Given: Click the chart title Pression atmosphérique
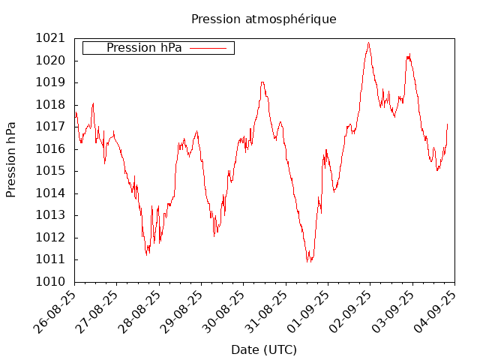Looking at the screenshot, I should point(263,19).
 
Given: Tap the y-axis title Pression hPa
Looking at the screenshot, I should point(11,160).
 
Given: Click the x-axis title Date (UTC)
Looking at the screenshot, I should point(263,349).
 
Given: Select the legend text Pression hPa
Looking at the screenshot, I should point(144,48).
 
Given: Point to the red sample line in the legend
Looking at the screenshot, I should point(208,48).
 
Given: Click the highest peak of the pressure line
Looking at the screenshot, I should point(368,43).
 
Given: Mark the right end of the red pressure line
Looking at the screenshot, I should point(448,124).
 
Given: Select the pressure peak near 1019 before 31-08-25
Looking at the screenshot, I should point(262,82).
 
